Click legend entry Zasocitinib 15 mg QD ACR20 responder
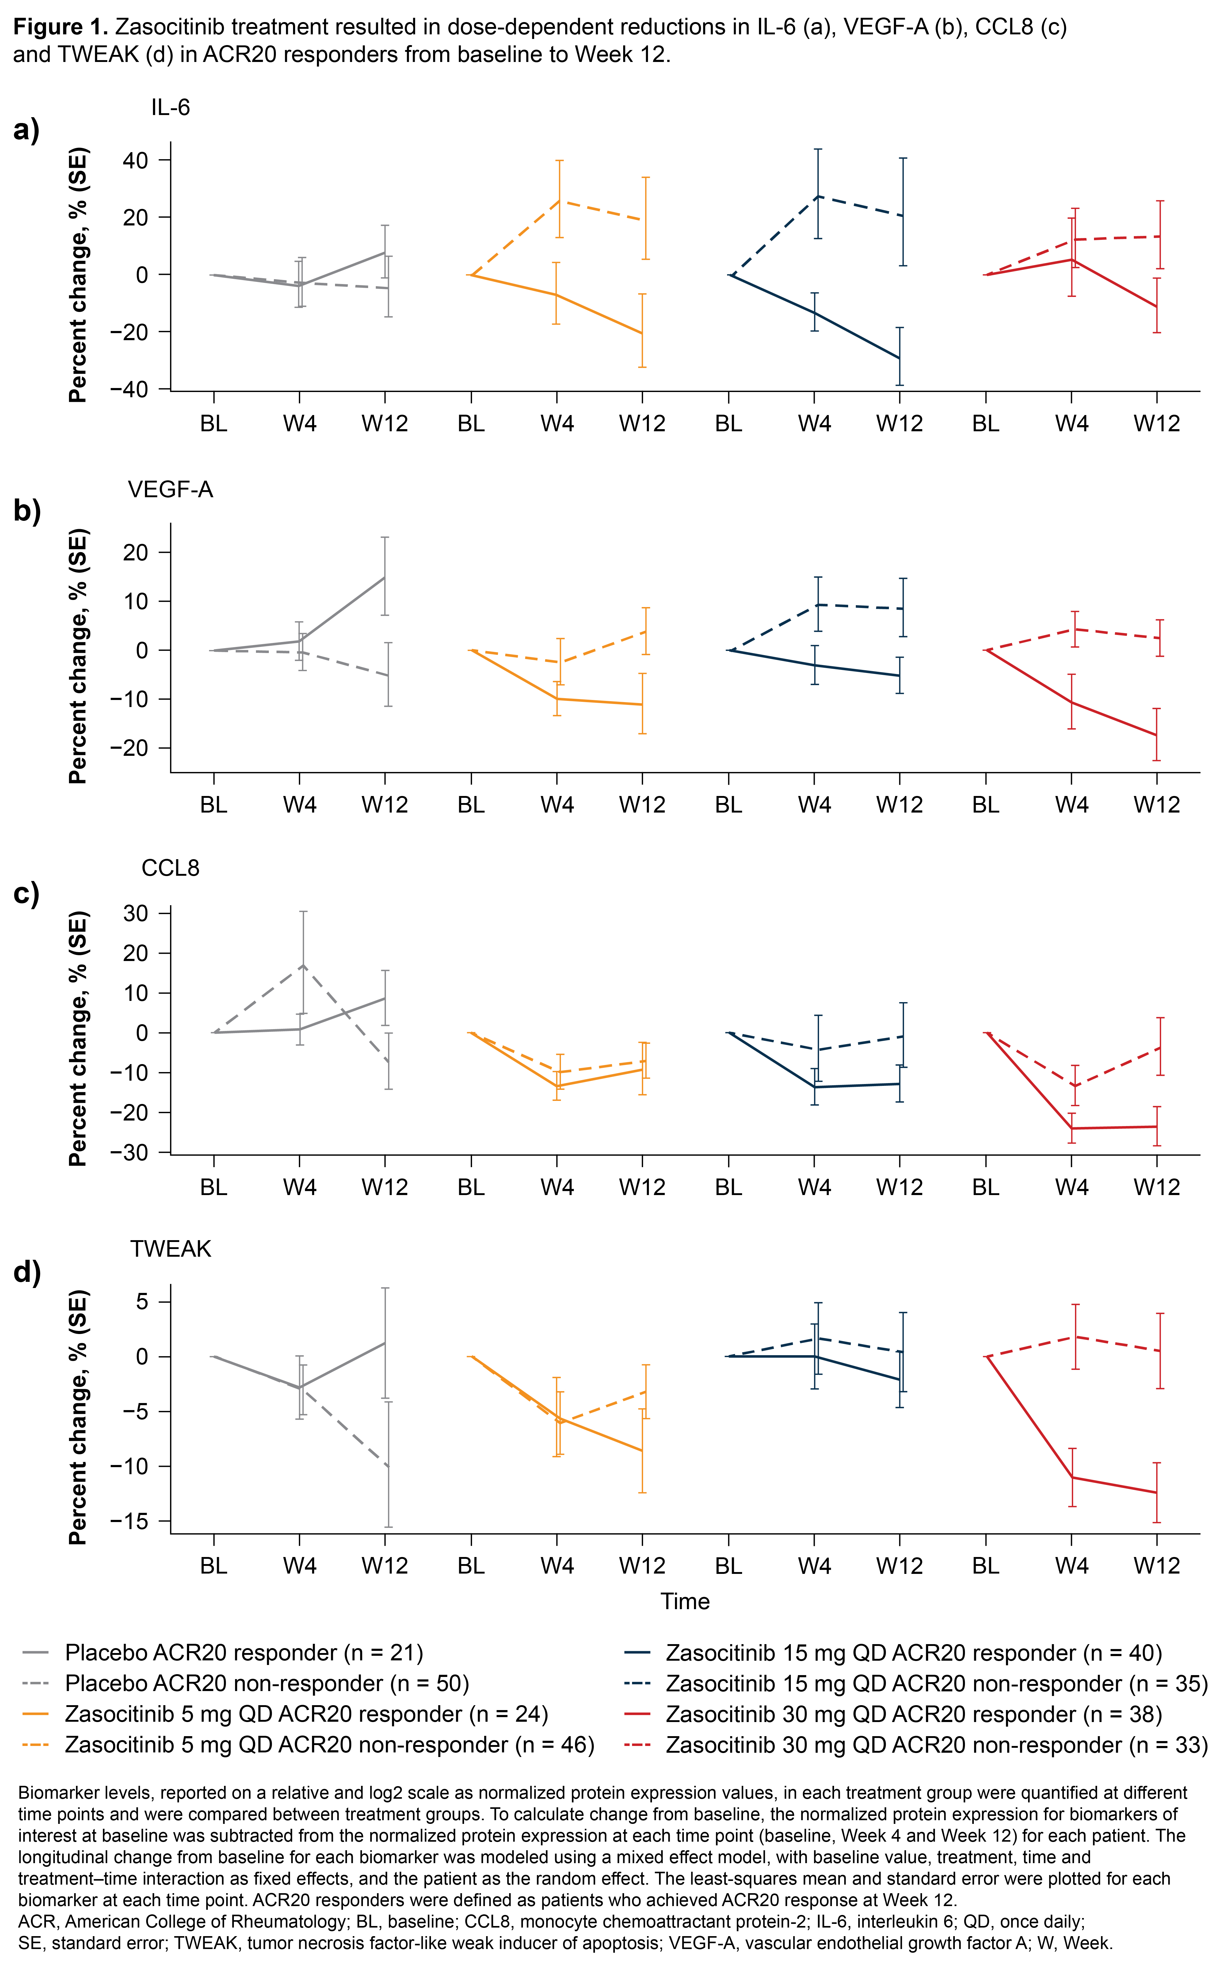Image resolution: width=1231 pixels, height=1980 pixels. click(x=913, y=1653)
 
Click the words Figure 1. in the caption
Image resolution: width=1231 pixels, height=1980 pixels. click(x=60, y=27)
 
